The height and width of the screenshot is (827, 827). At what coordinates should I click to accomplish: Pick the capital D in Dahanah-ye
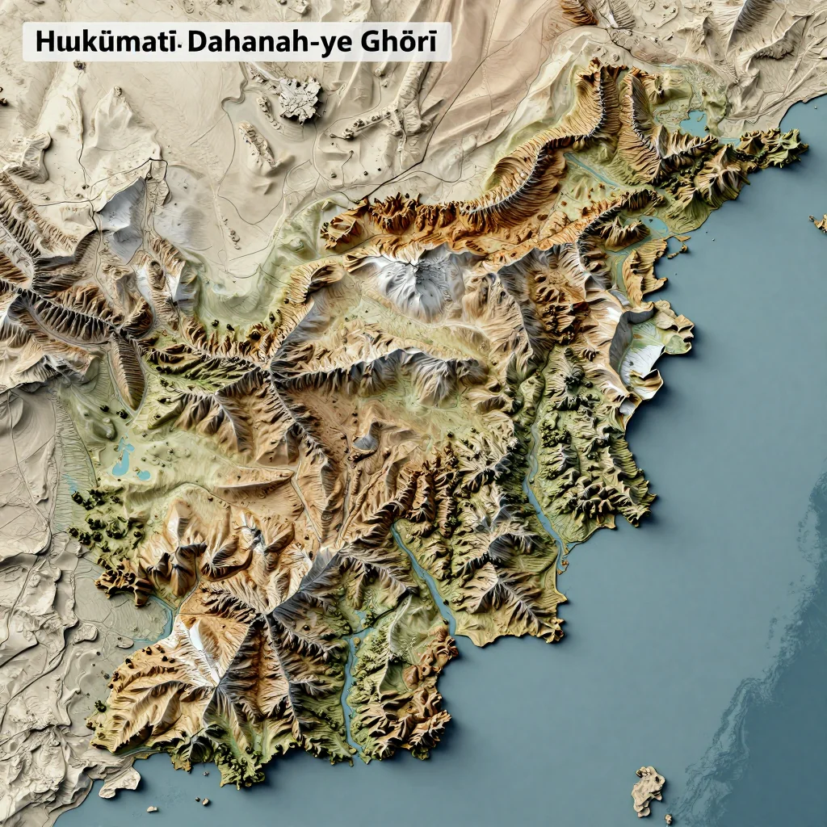(196, 43)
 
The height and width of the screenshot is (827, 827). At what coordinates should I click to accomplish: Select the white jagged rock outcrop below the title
(299, 99)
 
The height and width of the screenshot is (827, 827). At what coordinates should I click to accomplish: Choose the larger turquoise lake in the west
(123, 458)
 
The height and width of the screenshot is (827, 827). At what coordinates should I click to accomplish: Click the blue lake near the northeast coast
(693, 123)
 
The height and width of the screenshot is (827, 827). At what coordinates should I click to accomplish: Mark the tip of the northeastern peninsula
(800, 145)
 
